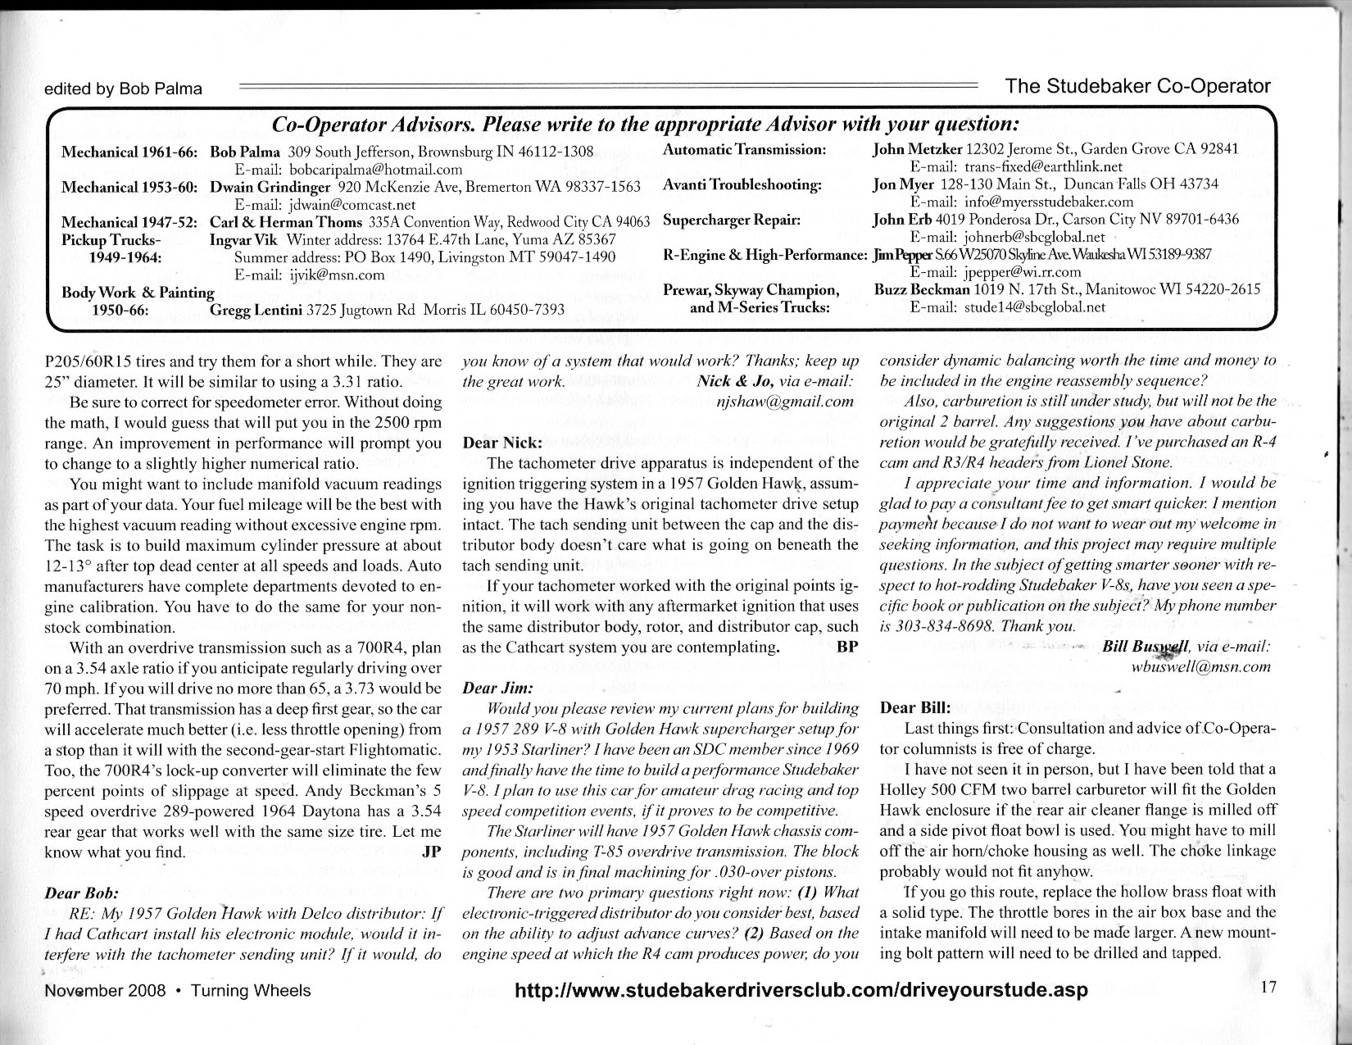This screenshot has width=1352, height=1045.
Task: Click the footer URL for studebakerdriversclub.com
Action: click(x=801, y=989)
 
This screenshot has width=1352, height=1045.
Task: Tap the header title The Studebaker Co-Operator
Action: click(x=1137, y=86)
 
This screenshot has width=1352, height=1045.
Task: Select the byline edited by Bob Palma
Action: click(x=123, y=89)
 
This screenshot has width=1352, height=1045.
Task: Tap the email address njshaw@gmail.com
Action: click(x=785, y=402)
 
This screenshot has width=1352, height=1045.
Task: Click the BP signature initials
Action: click(x=847, y=646)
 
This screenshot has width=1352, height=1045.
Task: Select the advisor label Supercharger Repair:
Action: click(x=731, y=220)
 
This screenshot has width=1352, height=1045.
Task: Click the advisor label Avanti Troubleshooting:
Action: click(x=742, y=184)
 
